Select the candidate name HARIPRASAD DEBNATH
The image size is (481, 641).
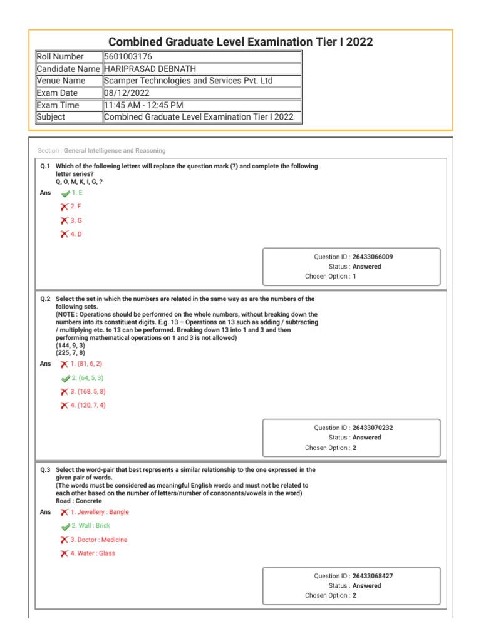click(150, 69)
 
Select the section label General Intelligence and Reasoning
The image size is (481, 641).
click(115, 151)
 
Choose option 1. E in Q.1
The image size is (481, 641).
click(77, 193)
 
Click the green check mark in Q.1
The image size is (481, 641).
click(66, 193)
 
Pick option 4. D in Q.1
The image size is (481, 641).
click(76, 234)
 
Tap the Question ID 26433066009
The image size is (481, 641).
click(373, 257)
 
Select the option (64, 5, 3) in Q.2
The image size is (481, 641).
click(88, 378)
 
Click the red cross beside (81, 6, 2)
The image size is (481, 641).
click(65, 364)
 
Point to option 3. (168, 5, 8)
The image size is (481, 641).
click(88, 391)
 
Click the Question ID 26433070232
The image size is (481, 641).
click(373, 428)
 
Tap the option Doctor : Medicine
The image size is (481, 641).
click(99, 540)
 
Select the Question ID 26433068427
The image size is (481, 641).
click(373, 576)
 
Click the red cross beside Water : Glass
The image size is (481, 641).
click(65, 554)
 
